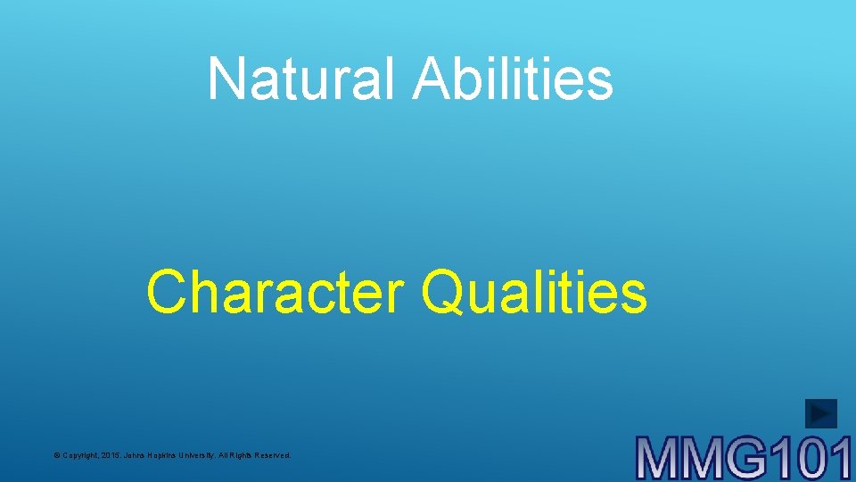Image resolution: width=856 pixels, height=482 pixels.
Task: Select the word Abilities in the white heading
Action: [513, 79]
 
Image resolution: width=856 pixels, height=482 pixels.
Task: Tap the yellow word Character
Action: [276, 293]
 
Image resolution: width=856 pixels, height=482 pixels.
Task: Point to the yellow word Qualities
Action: [534, 293]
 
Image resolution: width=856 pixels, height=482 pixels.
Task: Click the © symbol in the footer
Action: [56, 455]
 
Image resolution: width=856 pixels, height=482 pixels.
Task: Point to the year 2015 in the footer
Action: [114, 455]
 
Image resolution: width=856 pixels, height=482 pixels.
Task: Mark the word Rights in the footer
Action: [243, 455]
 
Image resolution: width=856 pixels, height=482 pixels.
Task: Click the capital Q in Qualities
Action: [443, 293]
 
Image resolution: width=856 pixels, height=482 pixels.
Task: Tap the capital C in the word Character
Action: [167, 293]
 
